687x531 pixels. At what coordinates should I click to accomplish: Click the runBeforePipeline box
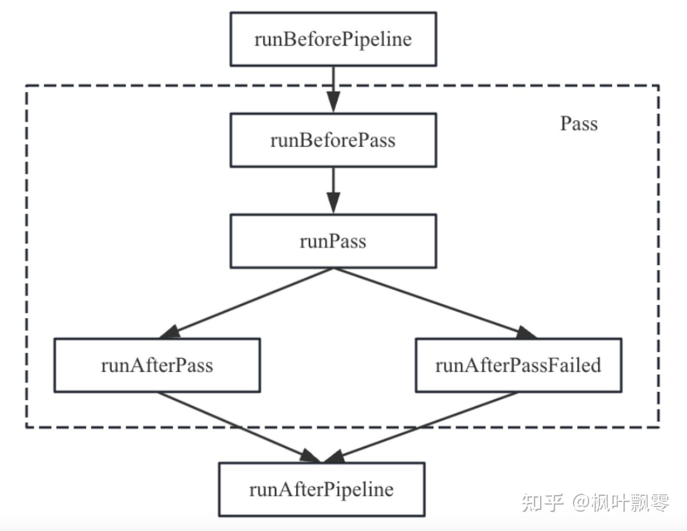333,39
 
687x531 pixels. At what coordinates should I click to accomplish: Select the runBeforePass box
333,140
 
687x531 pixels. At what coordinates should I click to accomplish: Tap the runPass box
333,241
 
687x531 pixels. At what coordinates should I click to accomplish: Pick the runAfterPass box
157,365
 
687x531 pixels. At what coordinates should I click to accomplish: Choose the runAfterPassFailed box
518,365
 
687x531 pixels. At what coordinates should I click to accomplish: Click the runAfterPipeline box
322,489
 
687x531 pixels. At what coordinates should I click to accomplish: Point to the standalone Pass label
579,124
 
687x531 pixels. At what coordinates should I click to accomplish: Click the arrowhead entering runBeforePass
333,103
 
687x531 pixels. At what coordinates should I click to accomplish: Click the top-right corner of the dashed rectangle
658,86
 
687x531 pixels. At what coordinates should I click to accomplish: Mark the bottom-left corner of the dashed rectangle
26,426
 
